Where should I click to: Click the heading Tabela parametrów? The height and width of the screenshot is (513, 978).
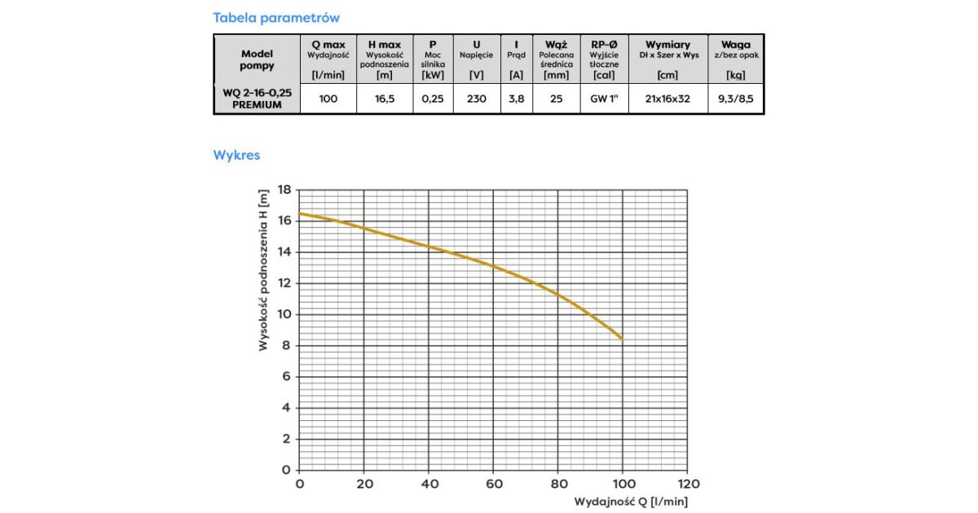[x=276, y=17]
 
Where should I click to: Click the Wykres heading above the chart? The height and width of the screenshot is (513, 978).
[x=236, y=154]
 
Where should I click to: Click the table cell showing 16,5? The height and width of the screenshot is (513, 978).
[x=384, y=99]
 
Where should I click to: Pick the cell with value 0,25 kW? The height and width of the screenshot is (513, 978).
[x=434, y=99]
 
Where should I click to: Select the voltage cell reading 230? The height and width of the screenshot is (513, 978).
[x=477, y=99]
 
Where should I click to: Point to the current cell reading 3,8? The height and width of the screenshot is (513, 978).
[x=516, y=99]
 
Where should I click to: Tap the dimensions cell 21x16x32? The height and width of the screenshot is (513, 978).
[x=667, y=99]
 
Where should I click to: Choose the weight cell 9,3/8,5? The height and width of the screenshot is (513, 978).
[x=736, y=99]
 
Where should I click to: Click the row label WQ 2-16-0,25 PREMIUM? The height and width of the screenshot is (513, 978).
[x=257, y=99]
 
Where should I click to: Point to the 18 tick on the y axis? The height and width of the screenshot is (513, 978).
[x=284, y=190]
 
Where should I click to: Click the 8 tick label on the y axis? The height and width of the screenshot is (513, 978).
[x=286, y=345]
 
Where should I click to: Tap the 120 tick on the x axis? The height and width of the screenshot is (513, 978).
[x=687, y=484]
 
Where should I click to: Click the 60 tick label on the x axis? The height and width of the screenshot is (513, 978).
[x=493, y=484]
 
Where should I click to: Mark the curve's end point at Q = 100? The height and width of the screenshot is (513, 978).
[x=623, y=338]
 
